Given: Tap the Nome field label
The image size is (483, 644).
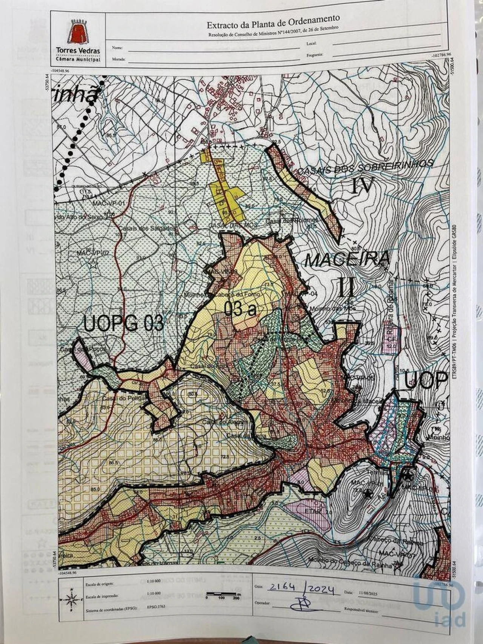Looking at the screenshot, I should pos(117,48).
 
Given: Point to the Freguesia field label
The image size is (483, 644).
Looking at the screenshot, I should pos(315,55).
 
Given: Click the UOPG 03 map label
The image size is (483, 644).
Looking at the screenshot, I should pos(123,323).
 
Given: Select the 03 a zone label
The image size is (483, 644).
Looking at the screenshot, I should pos(240,309).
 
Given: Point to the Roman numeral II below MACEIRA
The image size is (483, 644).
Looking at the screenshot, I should pos(346,287).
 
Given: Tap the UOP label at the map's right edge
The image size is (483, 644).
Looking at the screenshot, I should pos(424,381).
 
